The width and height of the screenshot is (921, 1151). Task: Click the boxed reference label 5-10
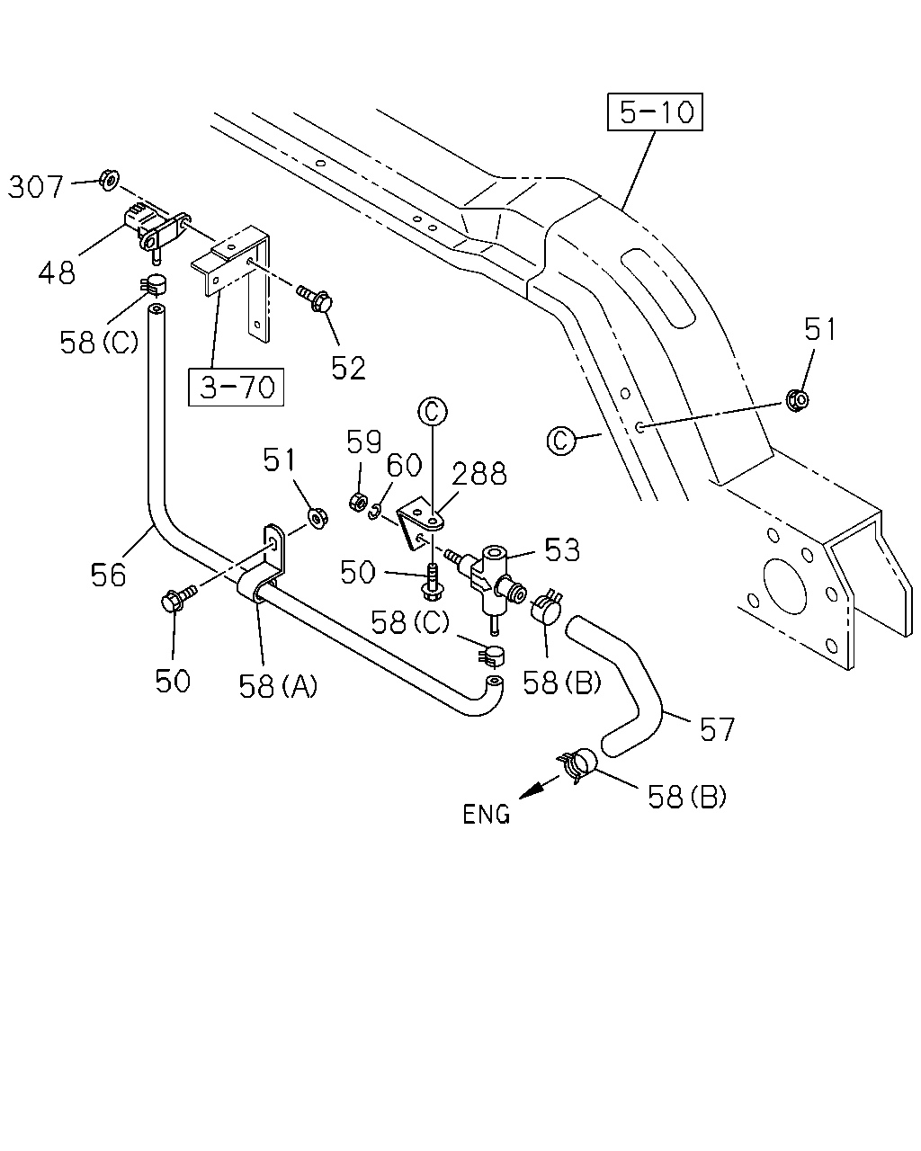click(655, 112)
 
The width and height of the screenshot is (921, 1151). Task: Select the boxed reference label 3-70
click(236, 387)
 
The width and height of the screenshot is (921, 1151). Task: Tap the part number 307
click(36, 187)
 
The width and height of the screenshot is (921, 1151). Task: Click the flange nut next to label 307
click(110, 180)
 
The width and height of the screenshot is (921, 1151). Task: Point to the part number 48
click(57, 272)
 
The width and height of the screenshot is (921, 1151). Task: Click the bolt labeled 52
click(315, 298)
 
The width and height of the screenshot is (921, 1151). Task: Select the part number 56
click(108, 575)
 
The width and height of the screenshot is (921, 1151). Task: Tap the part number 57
click(717, 729)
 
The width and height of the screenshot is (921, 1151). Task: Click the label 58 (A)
click(278, 686)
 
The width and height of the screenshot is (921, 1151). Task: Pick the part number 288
click(479, 474)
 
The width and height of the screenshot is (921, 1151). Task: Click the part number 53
click(562, 549)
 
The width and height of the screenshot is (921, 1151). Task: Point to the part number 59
click(364, 442)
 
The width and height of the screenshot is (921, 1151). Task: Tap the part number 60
click(404, 465)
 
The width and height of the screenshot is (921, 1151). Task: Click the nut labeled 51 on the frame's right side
click(797, 399)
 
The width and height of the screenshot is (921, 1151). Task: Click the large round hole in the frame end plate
click(784, 586)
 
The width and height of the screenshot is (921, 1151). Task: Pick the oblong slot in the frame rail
click(657, 288)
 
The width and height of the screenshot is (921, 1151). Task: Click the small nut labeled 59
click(357, 503)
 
